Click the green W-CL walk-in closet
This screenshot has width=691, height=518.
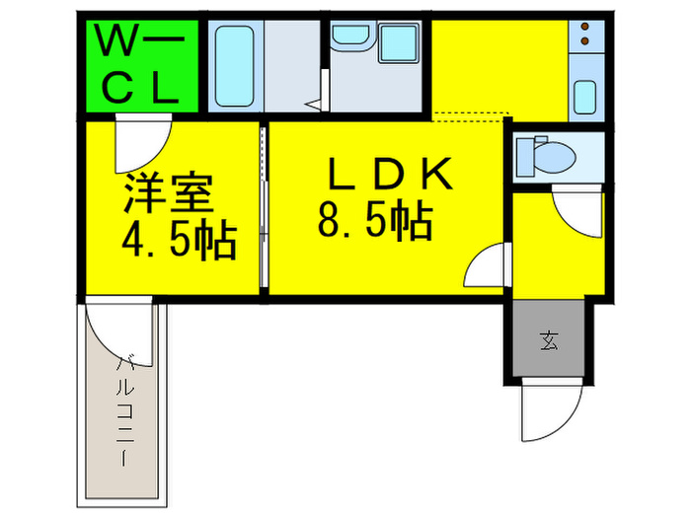click(139, 66)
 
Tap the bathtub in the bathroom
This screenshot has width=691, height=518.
click(234, 66)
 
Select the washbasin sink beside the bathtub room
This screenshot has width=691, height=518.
click(347, 37)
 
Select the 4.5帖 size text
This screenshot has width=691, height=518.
click(178, 240)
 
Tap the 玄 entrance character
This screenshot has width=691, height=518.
click(548, 342)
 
